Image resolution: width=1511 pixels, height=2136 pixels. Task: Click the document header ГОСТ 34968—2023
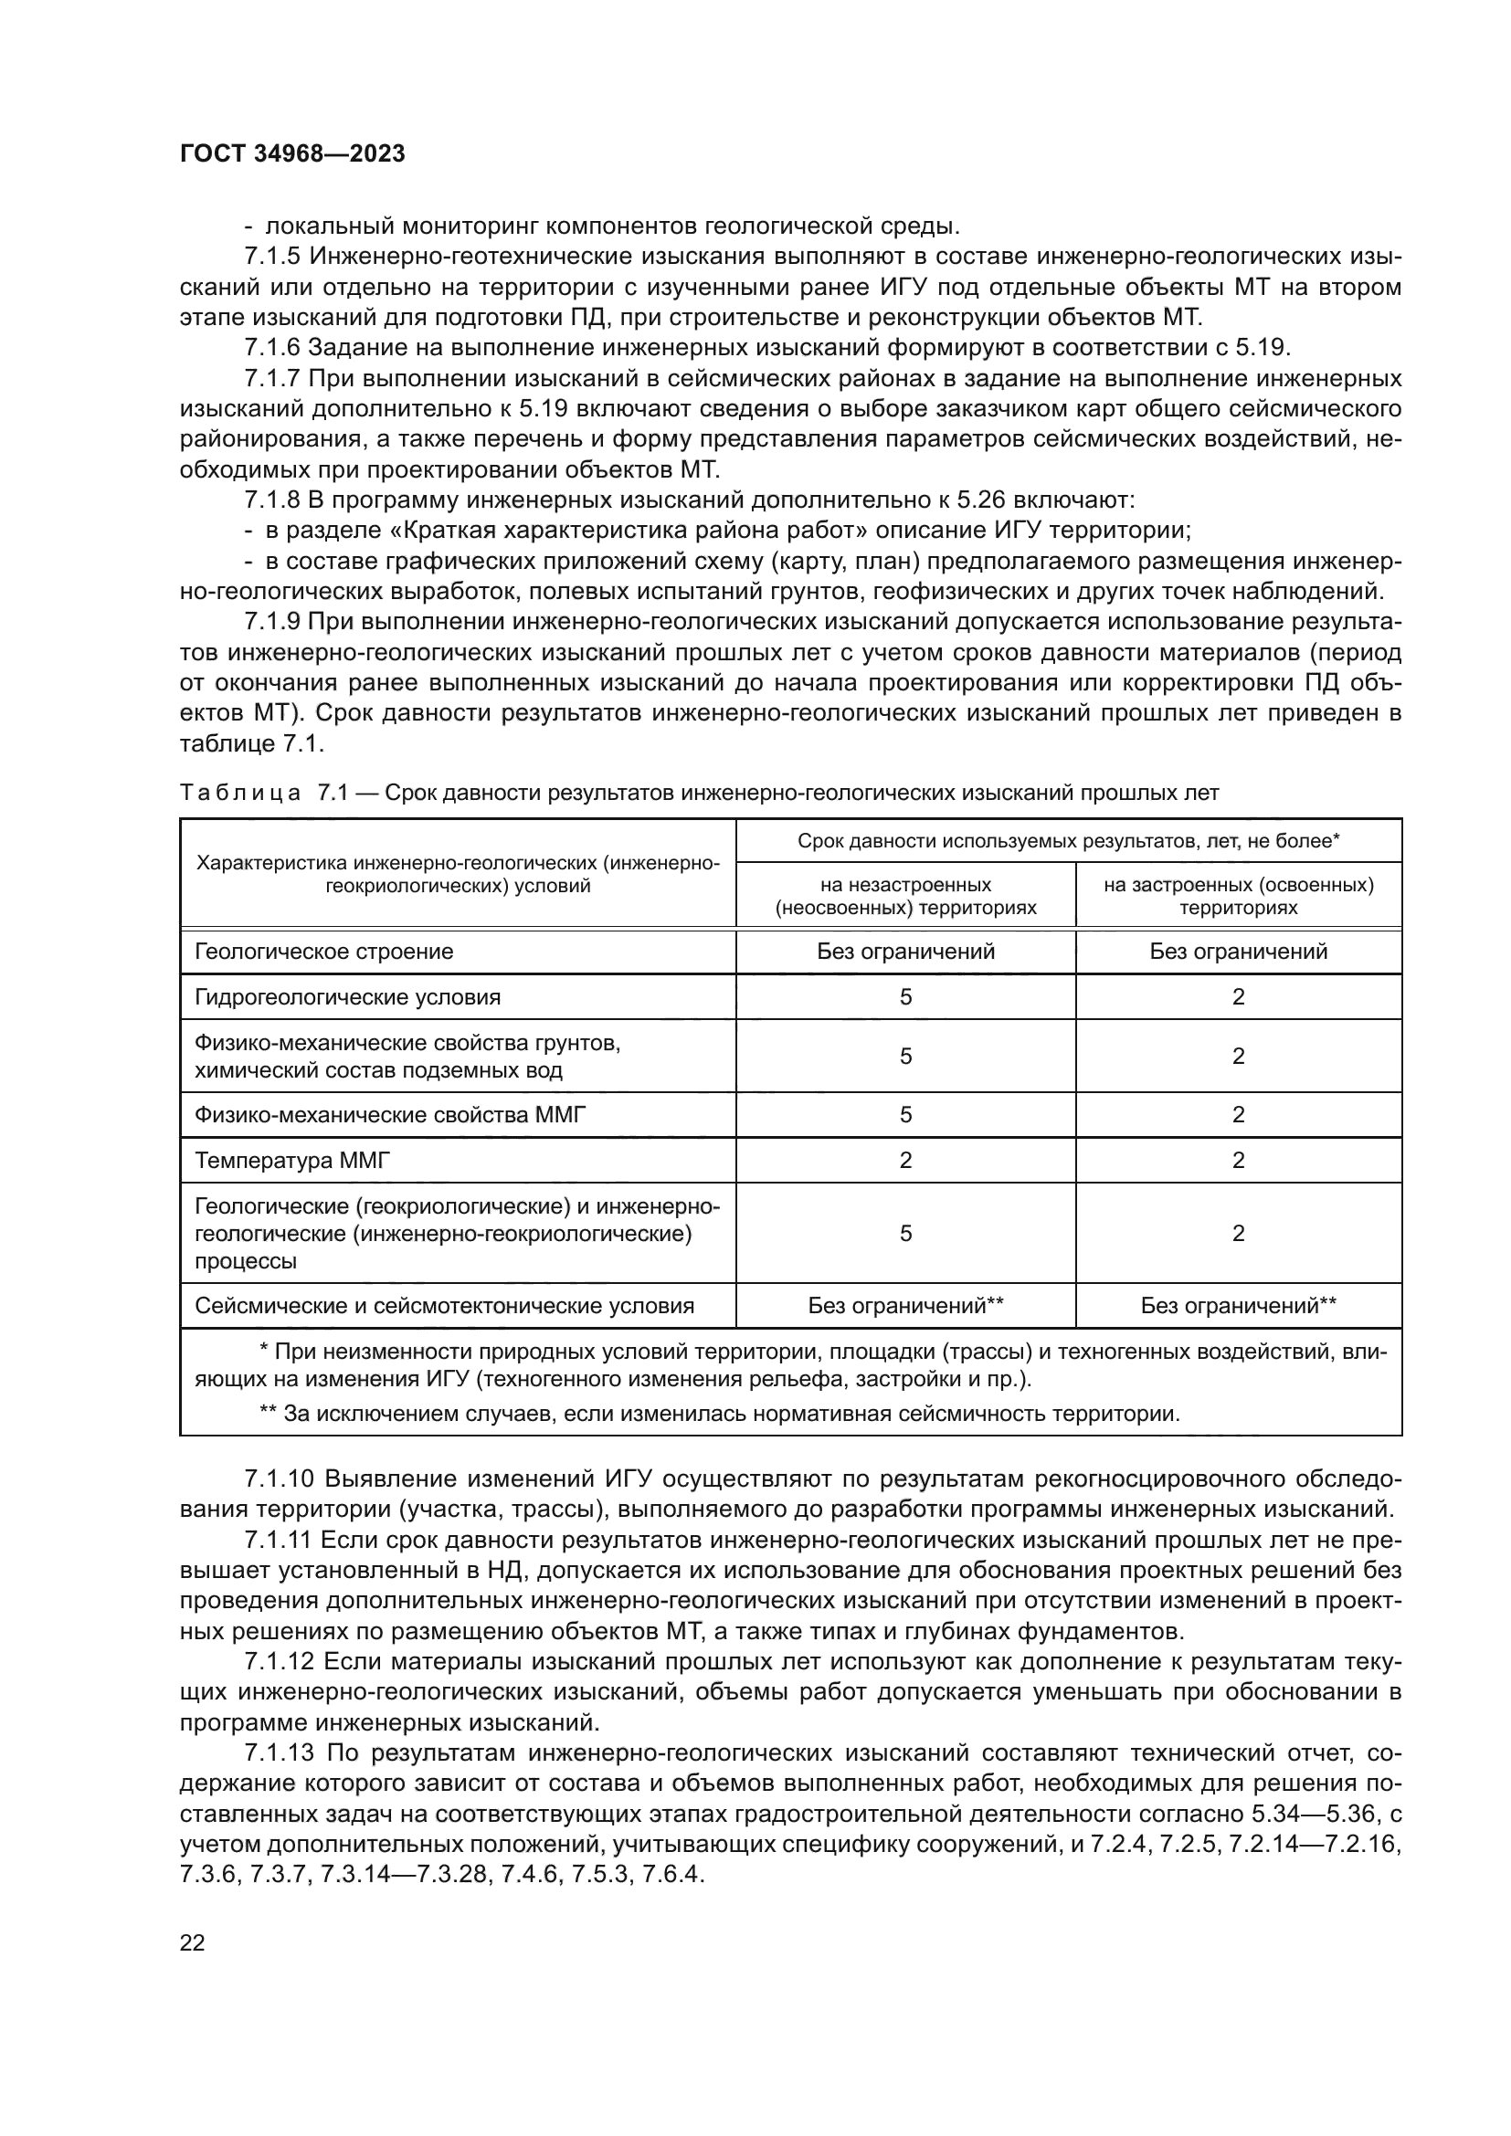coord(292,154)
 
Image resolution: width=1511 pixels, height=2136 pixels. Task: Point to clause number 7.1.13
coord(280,1753)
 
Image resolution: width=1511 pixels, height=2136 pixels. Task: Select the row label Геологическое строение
coord(323,951)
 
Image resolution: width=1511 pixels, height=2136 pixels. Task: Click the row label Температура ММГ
coord(292,1160)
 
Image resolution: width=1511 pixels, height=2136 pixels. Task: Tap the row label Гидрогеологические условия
coord(347,997)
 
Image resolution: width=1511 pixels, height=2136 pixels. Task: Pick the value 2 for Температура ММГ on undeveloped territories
coord(905,1160)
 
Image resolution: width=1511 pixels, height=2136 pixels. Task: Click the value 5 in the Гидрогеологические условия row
coord(905,997)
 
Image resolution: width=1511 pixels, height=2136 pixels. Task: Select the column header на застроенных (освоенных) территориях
coord(1238,895)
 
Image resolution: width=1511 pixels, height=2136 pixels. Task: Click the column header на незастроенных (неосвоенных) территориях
coord(905,895)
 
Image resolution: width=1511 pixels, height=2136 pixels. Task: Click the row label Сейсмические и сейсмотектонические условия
coord(444,1305)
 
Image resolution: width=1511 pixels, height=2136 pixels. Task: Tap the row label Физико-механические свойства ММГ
coord(390,1114)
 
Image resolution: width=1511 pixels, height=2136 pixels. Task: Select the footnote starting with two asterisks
coord(718,1414)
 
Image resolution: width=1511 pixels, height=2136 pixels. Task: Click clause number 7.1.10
coord(280,1479)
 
